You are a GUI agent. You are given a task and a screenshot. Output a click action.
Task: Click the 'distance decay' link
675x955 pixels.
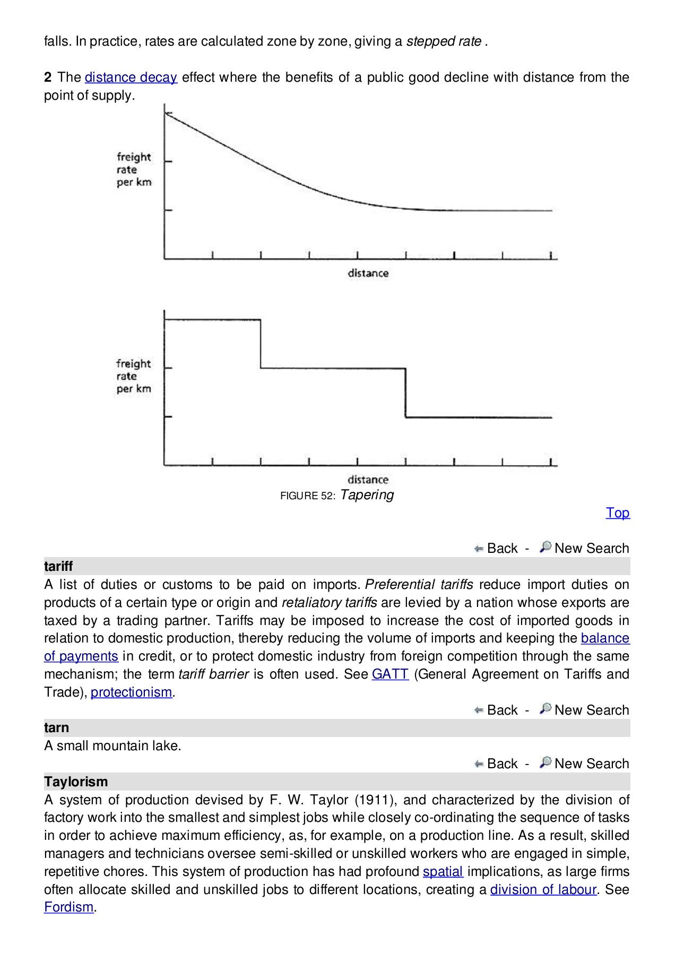131,77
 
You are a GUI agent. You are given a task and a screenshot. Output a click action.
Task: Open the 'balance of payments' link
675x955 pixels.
605,638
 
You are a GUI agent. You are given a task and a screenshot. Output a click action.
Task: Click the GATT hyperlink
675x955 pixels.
390,674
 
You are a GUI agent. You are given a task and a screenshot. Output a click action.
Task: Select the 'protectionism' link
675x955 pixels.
131,692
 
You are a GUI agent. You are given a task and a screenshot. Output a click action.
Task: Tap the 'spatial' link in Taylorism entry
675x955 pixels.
443,872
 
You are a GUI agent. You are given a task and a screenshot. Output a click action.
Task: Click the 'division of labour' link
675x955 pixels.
543,890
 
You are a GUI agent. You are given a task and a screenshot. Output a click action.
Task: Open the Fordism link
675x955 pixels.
68,907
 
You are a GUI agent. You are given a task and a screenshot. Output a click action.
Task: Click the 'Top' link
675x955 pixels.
618,513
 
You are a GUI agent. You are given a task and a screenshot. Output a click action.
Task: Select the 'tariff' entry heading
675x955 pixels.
58,567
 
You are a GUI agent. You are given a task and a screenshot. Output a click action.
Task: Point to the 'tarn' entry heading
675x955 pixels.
56,728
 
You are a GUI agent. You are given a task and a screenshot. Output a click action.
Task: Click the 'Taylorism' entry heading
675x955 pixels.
76,782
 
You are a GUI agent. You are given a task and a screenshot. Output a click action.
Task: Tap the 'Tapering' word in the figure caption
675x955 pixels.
367,495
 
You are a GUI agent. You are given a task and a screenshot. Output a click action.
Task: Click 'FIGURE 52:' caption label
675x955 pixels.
308,496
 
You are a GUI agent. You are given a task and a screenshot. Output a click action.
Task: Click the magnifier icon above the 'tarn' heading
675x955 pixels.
545,709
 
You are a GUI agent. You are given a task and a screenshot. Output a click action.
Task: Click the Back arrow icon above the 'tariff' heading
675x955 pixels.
479,549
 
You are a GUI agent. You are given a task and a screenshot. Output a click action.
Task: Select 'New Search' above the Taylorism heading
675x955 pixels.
591,764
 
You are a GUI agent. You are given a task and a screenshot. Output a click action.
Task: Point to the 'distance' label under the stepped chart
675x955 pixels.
368,480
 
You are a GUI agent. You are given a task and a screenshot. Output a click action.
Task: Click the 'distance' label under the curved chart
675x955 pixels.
368,273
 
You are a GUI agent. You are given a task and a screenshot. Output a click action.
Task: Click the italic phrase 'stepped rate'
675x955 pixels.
444,41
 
